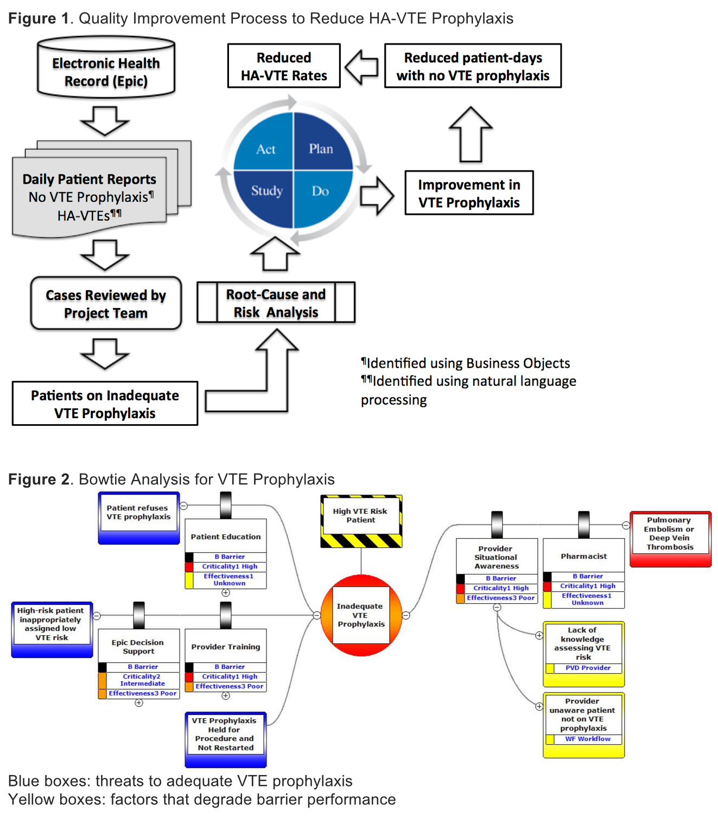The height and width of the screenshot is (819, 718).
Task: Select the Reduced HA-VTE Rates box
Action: (284, 66)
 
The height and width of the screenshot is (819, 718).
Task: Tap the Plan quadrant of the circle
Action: (321, 148)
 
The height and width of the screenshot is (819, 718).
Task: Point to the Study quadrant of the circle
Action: (266, 191)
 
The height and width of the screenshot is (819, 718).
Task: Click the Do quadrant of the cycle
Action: (320, 191)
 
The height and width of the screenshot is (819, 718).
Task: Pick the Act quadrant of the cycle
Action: (265, 149)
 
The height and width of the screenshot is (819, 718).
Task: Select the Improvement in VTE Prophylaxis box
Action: (469, 193)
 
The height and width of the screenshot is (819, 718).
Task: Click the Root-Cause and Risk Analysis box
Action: (276, 303)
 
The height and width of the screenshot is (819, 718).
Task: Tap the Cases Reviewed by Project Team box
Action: (106, 304)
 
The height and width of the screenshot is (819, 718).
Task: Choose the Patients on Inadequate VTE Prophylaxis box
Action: (105, 404)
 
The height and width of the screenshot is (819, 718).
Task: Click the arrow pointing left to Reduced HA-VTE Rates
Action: (361, 66)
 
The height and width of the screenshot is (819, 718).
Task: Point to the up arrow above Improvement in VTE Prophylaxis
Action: (471, 134)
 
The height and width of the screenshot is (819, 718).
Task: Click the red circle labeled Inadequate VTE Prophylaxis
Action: (361, 615)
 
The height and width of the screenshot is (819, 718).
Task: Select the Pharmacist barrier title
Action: (584, 556)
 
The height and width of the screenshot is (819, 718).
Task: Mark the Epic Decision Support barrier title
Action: (138, 647)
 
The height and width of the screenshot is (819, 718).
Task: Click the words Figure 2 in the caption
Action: (39, 479)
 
